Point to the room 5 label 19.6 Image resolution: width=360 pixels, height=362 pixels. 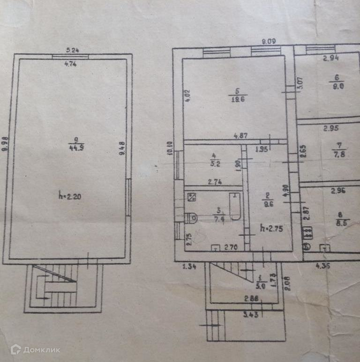[238, 98]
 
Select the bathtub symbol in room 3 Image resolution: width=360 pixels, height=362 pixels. [234, 208]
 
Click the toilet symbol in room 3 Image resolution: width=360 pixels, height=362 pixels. [191, 218]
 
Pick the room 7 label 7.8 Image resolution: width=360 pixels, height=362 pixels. [338, 155]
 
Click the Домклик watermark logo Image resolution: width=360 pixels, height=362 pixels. [35, 349]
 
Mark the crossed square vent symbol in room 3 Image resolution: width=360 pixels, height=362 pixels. [191, 197]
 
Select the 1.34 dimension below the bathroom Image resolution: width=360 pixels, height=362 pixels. [188, 266]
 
